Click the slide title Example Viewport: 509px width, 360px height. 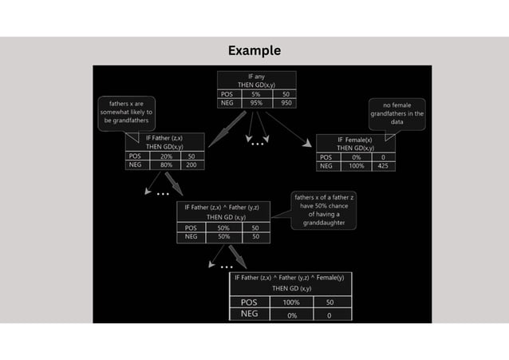(x=254, y=51)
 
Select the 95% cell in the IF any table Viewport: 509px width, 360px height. (x=255, y=102)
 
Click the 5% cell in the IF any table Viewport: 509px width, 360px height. (x=255, y=93)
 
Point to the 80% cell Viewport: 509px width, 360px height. (x=166, y=165)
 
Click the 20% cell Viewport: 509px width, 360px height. (x=166, y=156)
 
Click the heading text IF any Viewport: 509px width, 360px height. (x=256, y=76)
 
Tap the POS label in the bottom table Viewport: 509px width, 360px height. (x=250, y=303)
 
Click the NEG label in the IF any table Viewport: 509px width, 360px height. (x=227, y=102)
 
